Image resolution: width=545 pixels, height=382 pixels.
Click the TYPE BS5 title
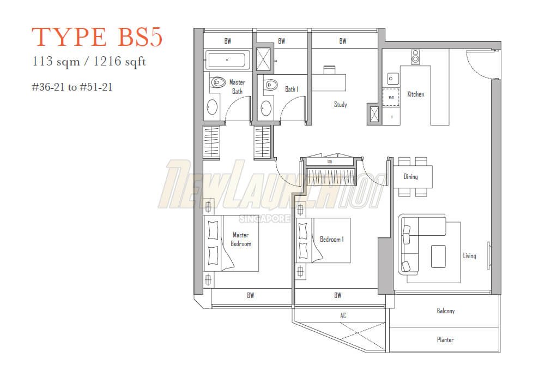click(x=97, y=38)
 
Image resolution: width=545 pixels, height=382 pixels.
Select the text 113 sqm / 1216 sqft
click(x=89, y=62)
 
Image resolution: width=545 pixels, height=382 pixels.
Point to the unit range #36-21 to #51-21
click(x=72, y=86)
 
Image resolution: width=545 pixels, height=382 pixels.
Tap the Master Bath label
click(x=237, y=87)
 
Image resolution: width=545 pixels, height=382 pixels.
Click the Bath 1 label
click(x=291, y=89)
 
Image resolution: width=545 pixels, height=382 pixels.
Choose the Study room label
click(x=340, y=104)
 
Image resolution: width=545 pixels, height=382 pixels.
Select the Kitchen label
click(x=415, y=94)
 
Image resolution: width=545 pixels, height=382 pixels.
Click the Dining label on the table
click(x=410, y=176)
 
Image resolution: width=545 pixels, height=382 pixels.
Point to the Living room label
click(x=469, y=255)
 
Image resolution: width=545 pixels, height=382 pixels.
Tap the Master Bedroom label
click(x=240, y=240)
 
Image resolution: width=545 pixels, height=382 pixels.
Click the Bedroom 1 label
click(x=331, y=239)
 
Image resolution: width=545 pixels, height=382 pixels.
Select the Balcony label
click(x=445, y=311)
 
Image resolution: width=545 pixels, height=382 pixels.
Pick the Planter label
click(x=445, y=339)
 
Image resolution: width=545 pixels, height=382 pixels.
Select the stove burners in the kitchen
click(x=415, y=57)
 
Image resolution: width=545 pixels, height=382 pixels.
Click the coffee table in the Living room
click(x=438, y=256)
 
